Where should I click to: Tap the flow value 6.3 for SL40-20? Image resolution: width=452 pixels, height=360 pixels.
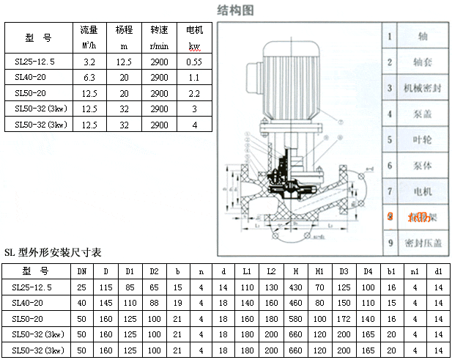(x=89, y=78)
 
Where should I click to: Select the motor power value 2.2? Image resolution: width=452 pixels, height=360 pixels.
(x=194, y=93)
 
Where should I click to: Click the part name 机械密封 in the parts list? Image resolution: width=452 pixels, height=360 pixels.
(x=423, y=88)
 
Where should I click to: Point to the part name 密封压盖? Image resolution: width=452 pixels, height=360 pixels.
(x=423, y=243)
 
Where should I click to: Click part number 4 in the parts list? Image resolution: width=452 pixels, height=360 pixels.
(x=390, y=114)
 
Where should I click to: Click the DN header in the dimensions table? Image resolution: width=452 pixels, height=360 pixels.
(x=82, y=271)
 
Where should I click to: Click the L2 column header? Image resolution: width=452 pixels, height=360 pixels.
(x=271, y=271)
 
